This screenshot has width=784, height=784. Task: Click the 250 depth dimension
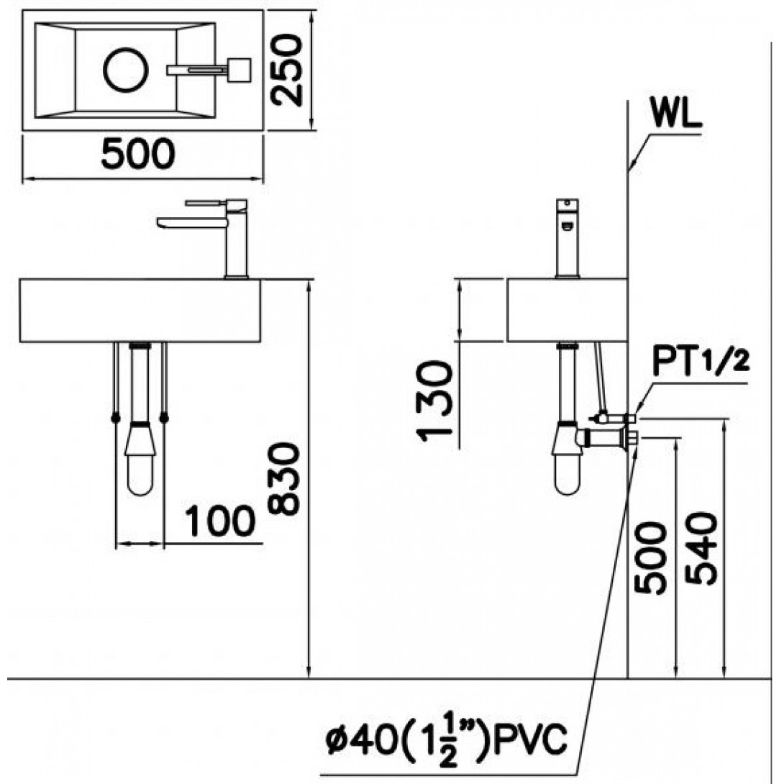tap(287, 70)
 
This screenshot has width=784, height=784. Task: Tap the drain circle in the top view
tap(125, 70)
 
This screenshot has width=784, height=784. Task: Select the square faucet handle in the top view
tap(239, 70)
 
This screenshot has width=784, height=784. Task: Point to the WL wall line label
tap(676, 114)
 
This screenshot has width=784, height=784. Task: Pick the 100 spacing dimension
tap(220, 521)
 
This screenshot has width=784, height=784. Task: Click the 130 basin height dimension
tap(434, 401)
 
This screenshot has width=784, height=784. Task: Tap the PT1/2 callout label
tap(701, 363)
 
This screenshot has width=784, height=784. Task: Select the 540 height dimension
tap(701, 548)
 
